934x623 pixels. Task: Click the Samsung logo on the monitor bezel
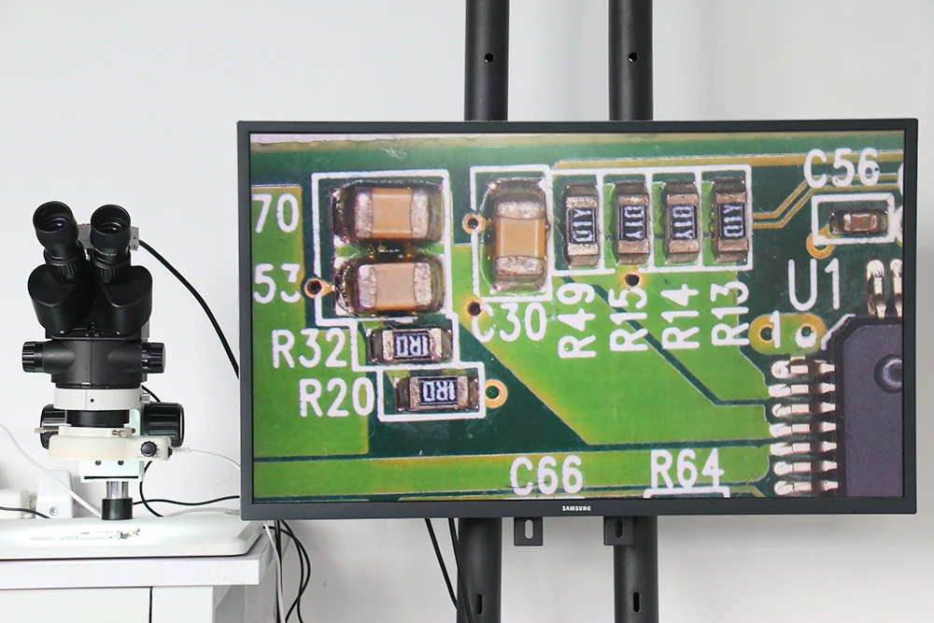pyautogui.click(x=579, y=507)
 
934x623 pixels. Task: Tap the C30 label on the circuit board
pyautogui.click(x=510, y=321)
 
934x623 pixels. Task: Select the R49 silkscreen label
pyautogui.click(x=578, y=319)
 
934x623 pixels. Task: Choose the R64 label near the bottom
pyautogui.click(x=686, y=469)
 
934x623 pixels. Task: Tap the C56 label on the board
pyautogui.click(x=842, y=168)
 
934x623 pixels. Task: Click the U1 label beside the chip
pyautogui.click(x=815, y=283)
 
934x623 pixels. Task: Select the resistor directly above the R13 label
pyautogui.click(x=730, y=220)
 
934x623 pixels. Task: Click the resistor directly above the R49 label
pyautogui.click(x=581, y=224)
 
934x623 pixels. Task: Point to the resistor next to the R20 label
pyautogui.click(x=437, y=390)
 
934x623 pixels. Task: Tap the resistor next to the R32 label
pyautogui.click(x=411, y=346)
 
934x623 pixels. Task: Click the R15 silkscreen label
pyautogui.click(x=630, y=318)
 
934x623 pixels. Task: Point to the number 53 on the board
pyautogui.click(x=276, y=283)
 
